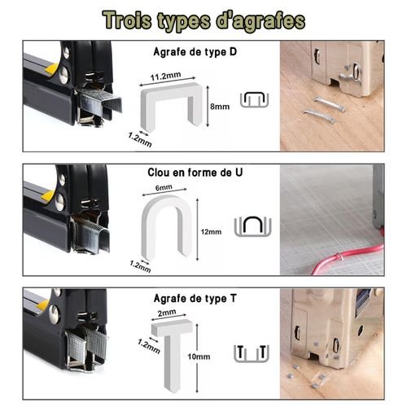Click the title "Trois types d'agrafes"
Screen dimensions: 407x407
pyautogui.click(x=203, y=21)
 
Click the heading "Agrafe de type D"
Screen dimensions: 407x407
pyautogui.click(x=195, y=52)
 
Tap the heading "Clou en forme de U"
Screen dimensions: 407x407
pyautogui.click(x=195, y=173)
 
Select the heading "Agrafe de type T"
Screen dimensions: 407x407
pyautogui.click(x=195, y=299)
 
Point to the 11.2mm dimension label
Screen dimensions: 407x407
pyautogui.click(x=165, y=77)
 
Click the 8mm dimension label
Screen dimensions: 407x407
pyautogui.click(x=220, y=107)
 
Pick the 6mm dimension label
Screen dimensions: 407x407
pyautogui.click(x=164, y=187)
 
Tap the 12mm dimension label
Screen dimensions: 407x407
pyautogui.click(x=211, y=232)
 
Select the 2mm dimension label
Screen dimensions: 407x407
pyautogui.click(x=167, y=313)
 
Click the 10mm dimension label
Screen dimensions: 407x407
pyautogui.click(x=199, y=357)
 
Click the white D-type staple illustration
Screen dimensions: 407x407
pyautogui.click(x=172, y=107)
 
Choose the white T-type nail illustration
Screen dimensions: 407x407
pyautogui.click(x=172, y=352)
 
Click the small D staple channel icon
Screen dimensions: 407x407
pyautogui.click(x=255, y=99)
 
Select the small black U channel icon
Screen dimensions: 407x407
pyautogui.click(x=253, y=226)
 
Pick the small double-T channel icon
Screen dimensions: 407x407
pyautogui.click(x=252, y=353)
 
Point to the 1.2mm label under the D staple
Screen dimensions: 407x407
pyautogui.click(x=140, y=140)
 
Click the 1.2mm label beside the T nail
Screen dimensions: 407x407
pyautogui.click(x=149, y=346)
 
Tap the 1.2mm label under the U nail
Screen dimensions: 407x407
pyautogui.click(x=140, y=266)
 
